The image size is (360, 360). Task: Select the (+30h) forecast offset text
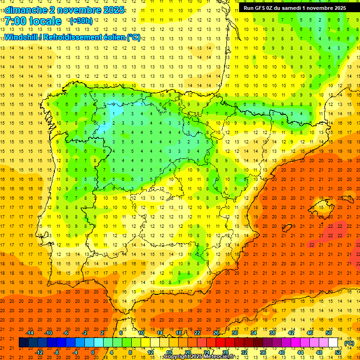click(x=81, y=21)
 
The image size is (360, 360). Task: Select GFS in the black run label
click(x=264, y=7)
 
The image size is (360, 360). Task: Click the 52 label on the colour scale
click(x=338, y=352)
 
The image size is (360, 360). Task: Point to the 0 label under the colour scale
click(x=93, y=352)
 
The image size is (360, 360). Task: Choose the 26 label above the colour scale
click(x=216, y=333)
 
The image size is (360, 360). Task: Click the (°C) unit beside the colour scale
click(x=349, y=343)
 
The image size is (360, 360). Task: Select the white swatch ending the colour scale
click(x=333, y=343)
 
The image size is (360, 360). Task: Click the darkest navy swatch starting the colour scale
click(x=23, y=343)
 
